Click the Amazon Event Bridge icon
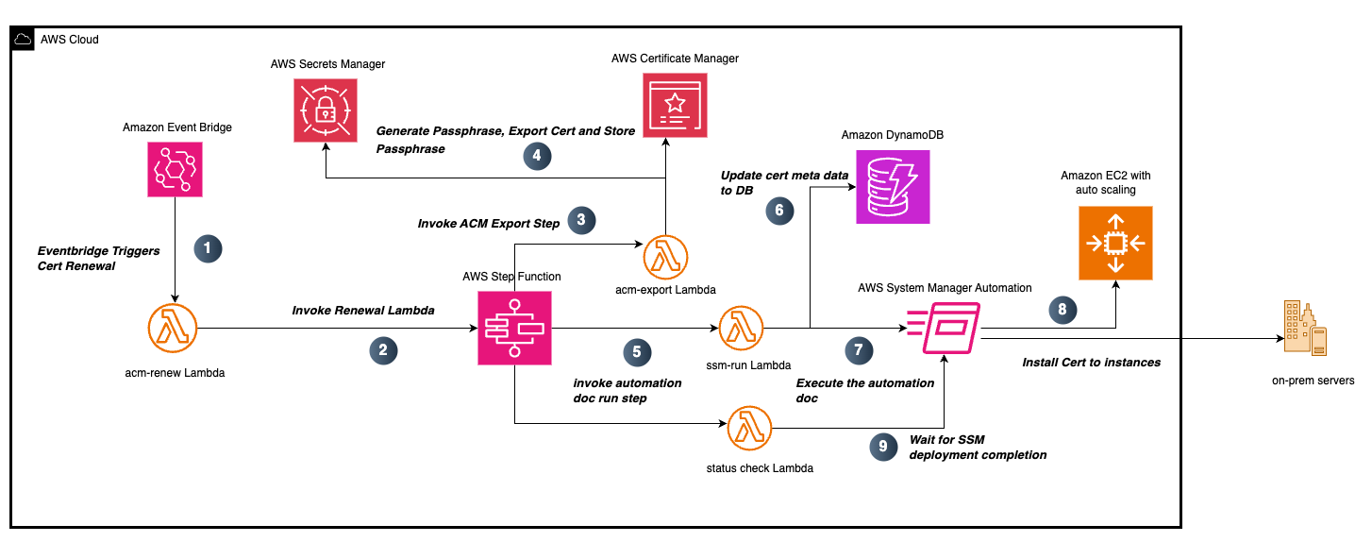click(176, 170)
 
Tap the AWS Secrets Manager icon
click(326, 110)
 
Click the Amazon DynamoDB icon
click(893, 187)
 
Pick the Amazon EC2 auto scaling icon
click(1115, 244)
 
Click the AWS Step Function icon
click(514, 328)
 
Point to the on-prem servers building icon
click(1305, 330)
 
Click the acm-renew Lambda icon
click(176, 329)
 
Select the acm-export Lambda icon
click(666, 255)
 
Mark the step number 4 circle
click(538, 157)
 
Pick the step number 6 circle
click(778, 211)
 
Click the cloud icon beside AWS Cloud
click(23, 40)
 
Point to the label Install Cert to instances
click(1091, 363)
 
